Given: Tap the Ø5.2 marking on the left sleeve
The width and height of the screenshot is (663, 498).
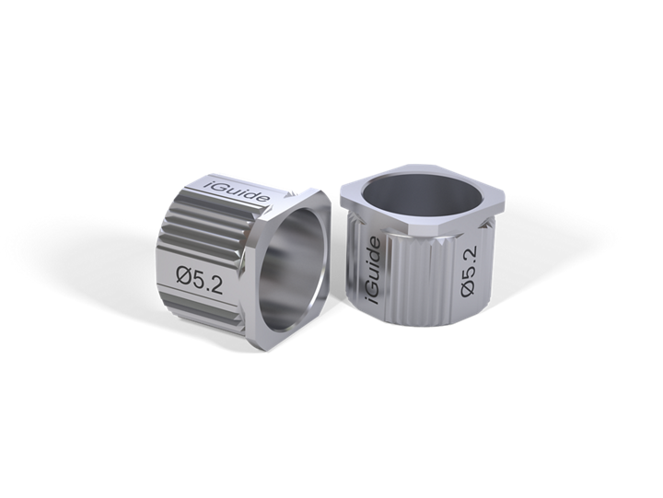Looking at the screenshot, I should (199, 280).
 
